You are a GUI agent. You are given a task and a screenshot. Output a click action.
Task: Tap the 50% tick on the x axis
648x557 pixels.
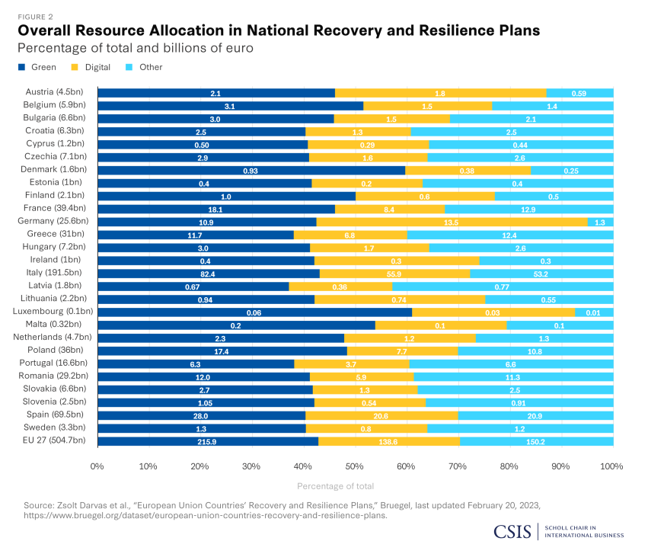354,465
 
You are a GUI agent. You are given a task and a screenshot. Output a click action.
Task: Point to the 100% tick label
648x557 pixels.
611,465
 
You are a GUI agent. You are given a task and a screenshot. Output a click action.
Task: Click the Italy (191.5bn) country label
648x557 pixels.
58,272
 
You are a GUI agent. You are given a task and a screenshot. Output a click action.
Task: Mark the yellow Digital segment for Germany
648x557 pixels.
452,221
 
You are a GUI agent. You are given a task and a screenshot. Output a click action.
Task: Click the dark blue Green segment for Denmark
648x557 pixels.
251,169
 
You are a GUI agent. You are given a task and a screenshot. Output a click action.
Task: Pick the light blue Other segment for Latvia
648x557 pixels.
503,285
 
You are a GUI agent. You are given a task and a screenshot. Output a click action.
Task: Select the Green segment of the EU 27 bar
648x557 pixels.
207,440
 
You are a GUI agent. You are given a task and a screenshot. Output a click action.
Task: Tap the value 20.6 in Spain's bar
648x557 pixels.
381,415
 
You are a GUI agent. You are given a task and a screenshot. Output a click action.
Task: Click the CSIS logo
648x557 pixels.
513,531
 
